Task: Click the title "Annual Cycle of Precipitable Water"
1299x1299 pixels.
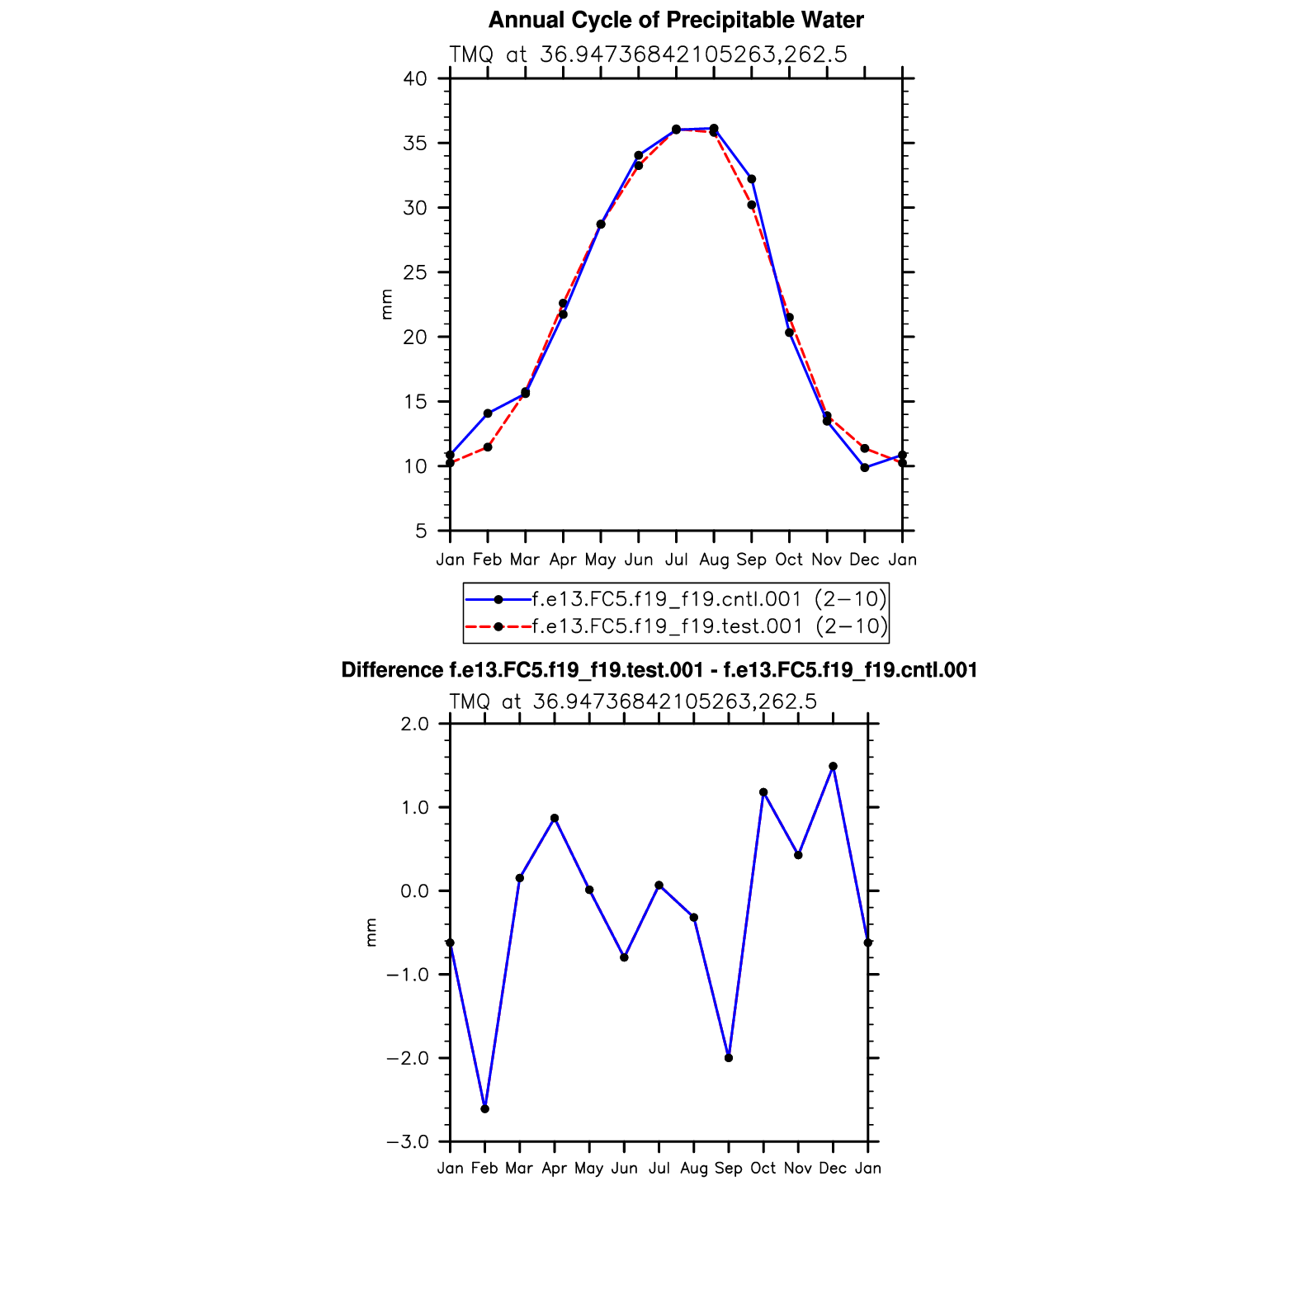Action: [676, 20]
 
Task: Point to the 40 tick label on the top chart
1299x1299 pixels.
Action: [415, 79]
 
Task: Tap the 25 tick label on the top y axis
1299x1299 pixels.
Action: [415, 272]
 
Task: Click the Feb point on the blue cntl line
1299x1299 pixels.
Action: [488, 413]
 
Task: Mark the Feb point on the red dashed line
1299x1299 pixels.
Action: [488, 447]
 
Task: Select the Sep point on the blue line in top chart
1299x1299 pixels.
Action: [752, 179]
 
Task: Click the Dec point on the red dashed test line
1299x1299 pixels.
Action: [865, 448]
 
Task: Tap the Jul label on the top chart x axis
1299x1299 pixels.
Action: [676, 560]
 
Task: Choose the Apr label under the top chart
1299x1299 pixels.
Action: [563, 560]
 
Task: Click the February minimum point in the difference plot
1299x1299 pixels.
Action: [484, 1109]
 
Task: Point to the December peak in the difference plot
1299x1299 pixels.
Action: [833, 767]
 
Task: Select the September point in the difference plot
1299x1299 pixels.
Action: [729, 1058]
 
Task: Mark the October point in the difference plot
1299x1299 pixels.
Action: [763, 792]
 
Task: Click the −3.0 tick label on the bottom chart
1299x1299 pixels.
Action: [408, 1142]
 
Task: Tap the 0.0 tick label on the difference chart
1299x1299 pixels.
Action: [413, 891]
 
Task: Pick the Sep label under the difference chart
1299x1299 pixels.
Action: [729, 1169]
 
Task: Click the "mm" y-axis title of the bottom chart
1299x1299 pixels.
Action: [371, 933]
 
